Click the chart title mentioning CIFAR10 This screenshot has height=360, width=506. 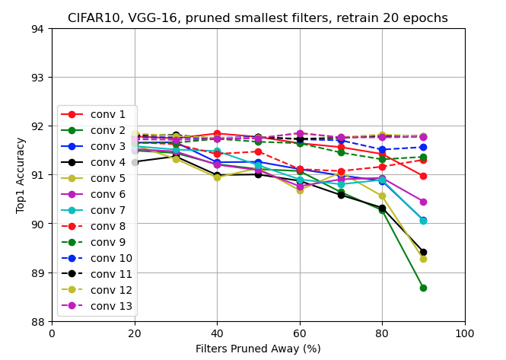coord(258,18)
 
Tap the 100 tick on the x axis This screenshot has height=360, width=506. coord(464,333)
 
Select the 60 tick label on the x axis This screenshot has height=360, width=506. coord(300,333)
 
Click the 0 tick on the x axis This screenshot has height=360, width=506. coord(52,333)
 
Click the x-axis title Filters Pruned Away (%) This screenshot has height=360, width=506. coord(258,349)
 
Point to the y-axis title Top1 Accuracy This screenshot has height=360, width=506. coord(21,175)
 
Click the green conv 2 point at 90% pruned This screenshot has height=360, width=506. coord(423,288)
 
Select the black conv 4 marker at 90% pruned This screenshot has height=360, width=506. coord(423,252)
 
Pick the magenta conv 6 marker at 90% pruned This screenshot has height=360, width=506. coord(423,202)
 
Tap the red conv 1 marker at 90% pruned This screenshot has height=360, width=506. coord(423,176)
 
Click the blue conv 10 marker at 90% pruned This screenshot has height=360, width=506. coord(423,147)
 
